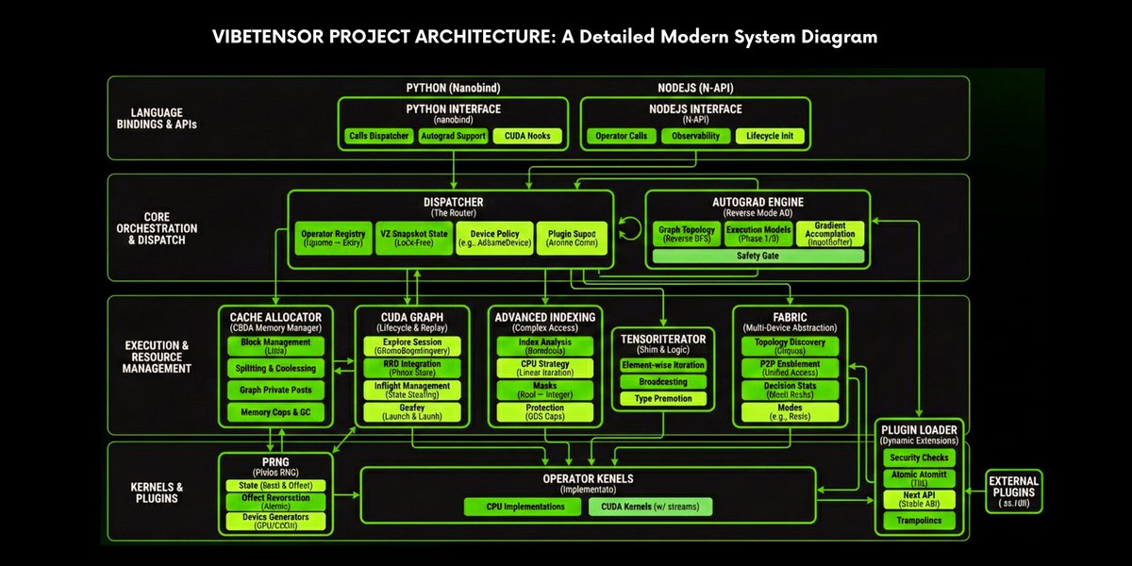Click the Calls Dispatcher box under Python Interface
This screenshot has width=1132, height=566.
[x=378, y=136]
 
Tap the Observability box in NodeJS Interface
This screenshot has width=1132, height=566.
[x=696, y=136]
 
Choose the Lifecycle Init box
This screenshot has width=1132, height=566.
[x=771, y=136]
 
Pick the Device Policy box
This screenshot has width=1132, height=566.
[x=493, y=237]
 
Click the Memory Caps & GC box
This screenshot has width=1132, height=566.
[x=276, y=412]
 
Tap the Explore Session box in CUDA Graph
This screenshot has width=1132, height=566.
[x=412, y=345]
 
